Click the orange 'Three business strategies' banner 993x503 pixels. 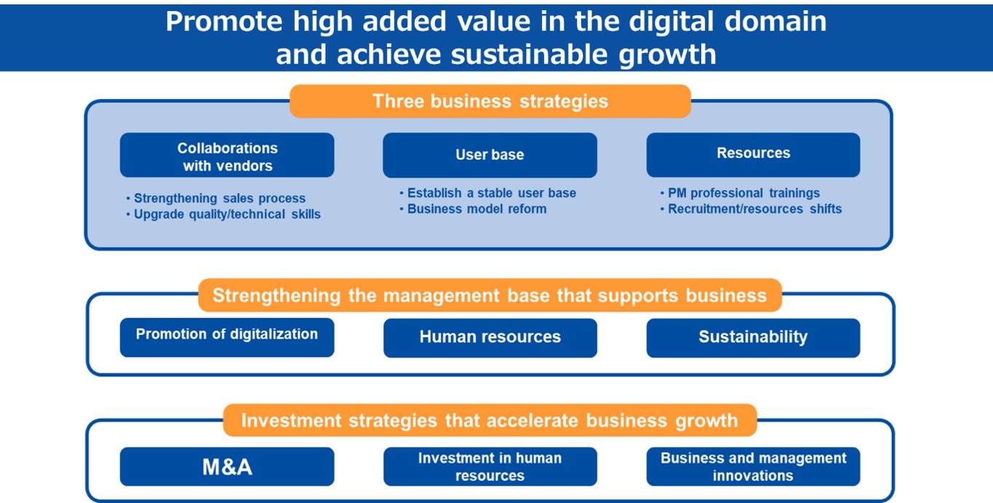pyautogui.click(x=490, y=101)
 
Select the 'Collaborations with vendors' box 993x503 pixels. pyautogui.click(x=227, y=155)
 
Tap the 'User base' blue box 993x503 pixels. pyautogui.click(x=490, y=155)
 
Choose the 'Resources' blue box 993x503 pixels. pyautogui.click(x=753, y=155)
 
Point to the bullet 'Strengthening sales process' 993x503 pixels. pyautogui.click(x=216, y=198)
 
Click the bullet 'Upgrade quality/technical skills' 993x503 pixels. pyautogui.click(x=223, y=214)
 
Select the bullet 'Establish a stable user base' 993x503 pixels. pyautogui.click(x=487, y=193)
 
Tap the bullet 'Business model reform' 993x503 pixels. pyautogui.click(x=473, y=209)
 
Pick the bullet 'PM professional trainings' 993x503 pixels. pyautogui.click(x=740, y=193)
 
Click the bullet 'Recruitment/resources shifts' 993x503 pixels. pyautogui.click(x=751, y=209)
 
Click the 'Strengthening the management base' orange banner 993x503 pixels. pyautogui.click(x=490, y=296)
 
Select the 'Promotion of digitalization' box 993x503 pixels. pyautogui.click(x=227, y=337)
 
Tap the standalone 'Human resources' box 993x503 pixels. pyautogui.click(x=490, y=338)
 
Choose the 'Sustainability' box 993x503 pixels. pyautogui.click(x=753, y=338)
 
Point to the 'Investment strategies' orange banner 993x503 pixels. pyautogui.click(x=490, y=420)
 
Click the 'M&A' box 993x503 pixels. pyautogui.click(x=227, y=467)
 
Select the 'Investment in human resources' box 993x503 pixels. pyautogui.click(x=490, y=467)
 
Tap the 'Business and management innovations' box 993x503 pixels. pyautogui.click(x=753, y=467)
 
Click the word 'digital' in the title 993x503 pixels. pyautogui.click(x=671, y=22)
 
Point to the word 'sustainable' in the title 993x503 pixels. pyautogui.click(x=530, y=55)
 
